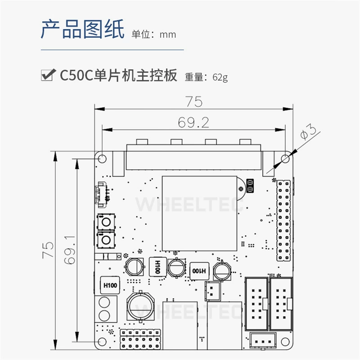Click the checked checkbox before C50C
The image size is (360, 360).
tap(48, 75)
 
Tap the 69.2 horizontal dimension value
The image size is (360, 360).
tap(193, 122)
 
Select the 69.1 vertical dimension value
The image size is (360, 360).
tap(70, 250)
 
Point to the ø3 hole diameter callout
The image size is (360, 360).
tap(308, 132)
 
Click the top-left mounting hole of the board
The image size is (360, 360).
tap(102, 158)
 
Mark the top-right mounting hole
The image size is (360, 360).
tap(285, 158)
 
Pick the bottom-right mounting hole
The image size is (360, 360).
tap(285, 342)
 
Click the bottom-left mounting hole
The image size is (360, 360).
tap(102, 342)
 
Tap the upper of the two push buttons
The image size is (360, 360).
tap(106, 222)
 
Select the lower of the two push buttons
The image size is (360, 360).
tap(106, 240)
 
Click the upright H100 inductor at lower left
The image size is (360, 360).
tap(110, 285)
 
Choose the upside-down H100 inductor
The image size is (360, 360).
tap(199, 271)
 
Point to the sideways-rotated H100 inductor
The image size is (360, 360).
tap(158, 267)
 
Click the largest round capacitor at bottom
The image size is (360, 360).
tap(140, 306)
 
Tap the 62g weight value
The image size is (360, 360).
tap(220, 77)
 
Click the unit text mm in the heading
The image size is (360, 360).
tap(168, 35)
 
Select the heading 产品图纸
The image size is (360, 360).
tap(83, 29)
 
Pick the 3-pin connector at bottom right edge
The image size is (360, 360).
tap(263, 341)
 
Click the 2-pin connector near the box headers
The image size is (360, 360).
tap(212, 291)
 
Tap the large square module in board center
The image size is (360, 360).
tap(199, 213)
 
